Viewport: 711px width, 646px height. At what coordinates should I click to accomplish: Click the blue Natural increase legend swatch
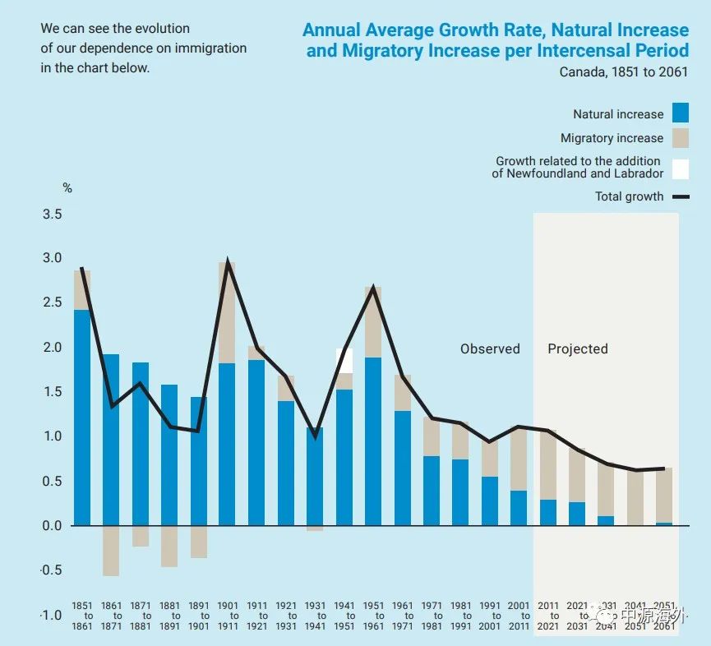[680, 113]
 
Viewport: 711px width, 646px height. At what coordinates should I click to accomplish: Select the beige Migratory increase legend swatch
[680, 137]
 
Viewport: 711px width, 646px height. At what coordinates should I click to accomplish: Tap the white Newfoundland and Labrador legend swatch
[680, 168]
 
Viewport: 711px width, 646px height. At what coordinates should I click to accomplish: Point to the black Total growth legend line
[680, 196]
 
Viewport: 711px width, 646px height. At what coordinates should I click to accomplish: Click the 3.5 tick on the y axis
[52, 215]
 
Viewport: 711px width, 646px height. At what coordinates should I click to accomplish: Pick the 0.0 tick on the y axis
[52, 525]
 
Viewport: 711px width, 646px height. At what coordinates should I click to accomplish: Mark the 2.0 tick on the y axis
[52, 348]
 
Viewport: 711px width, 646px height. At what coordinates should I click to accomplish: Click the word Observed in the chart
[490, 348]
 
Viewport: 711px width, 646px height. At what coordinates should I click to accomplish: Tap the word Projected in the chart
[578, 348]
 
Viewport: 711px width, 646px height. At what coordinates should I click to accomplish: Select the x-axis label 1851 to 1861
[82, 616]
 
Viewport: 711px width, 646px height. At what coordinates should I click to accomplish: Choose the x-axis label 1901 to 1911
[228, 616]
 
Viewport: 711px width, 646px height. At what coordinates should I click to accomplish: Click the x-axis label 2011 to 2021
[548, 616]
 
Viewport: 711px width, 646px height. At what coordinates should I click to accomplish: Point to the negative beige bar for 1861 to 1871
[111, 551]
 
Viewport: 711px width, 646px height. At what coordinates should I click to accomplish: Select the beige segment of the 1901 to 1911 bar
[228, 312]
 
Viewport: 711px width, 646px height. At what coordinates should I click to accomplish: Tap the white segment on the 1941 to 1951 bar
[344, 360]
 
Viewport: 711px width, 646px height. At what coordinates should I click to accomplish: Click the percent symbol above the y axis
[67, 188]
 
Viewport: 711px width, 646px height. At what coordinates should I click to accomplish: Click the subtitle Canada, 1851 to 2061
[624, 72]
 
